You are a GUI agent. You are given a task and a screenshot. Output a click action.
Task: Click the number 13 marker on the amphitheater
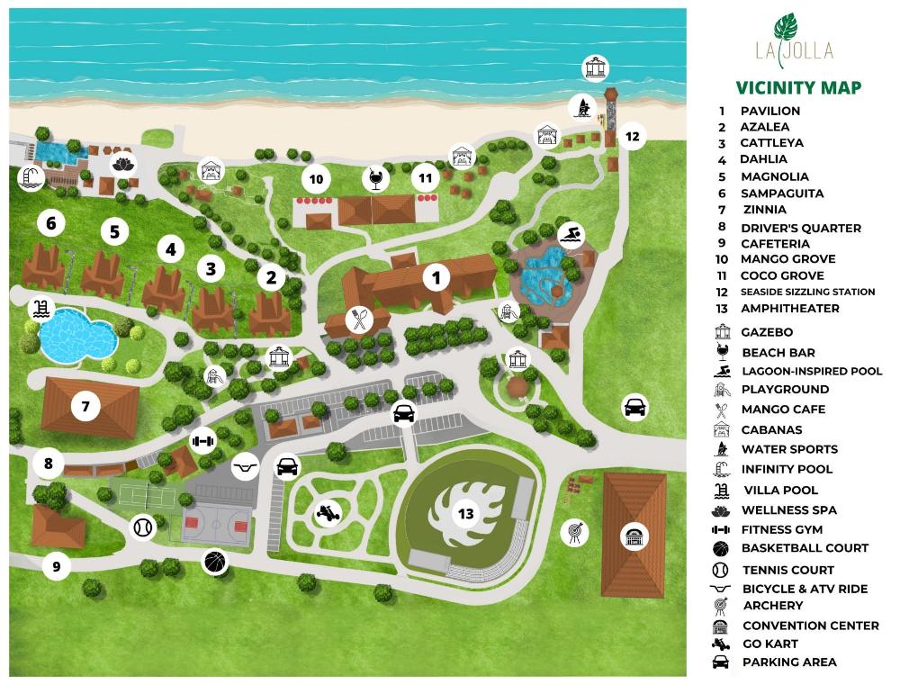[465, 514]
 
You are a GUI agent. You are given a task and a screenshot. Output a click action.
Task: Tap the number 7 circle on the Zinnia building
[85, 407]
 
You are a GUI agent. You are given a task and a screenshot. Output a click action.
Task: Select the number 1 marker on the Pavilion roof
[436, 277]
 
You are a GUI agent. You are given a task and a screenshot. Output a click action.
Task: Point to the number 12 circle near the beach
[632, 137]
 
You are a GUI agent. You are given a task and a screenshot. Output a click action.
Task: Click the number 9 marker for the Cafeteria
[56, 566]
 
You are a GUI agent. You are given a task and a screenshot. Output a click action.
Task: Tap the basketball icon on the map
[215, 562]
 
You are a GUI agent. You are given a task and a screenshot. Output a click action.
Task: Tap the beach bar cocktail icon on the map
[373, 178]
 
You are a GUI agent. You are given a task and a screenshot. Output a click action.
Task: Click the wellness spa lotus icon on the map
[120, 164]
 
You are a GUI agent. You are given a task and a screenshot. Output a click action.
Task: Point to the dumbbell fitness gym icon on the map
[203, 441]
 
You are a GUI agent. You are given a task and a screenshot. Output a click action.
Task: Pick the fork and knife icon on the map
[360, 320]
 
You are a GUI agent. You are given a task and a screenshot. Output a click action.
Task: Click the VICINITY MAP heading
[798, 87]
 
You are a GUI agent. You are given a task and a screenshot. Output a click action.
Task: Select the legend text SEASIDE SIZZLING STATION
[807, 292]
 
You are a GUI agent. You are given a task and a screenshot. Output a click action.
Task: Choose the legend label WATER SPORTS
[789, 449]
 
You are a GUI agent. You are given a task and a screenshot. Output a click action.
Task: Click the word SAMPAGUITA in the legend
[781, 194]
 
